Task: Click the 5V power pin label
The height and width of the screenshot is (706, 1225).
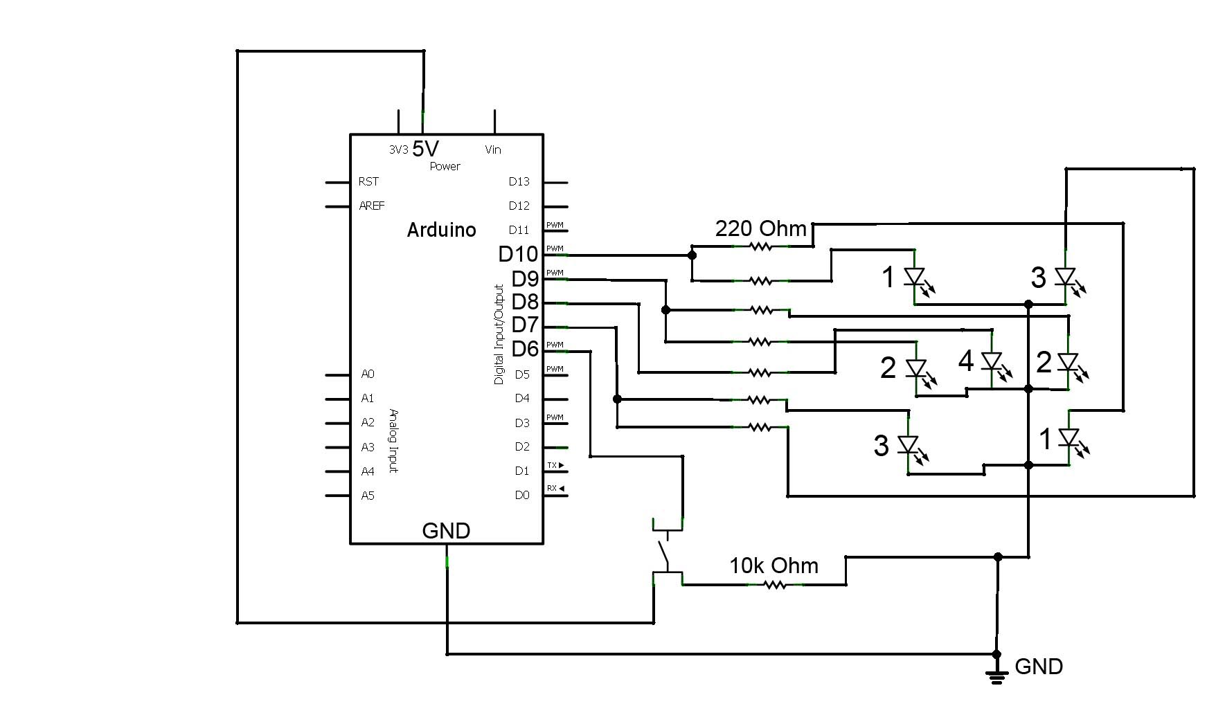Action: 425,148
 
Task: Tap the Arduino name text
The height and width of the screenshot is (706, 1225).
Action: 441,230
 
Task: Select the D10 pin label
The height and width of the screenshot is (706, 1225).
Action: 517,254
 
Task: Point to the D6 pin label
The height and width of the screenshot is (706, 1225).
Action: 524,350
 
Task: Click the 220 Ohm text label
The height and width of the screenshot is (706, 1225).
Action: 760,228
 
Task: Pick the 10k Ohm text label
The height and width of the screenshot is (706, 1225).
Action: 774,565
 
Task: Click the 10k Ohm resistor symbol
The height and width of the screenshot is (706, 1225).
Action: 775,585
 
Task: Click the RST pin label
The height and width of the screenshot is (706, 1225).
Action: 368,181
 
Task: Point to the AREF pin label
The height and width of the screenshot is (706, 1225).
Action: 371,206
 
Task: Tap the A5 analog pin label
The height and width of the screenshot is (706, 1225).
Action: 367,496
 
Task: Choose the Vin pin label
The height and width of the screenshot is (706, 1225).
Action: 493,150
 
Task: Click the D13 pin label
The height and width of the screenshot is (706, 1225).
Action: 519,181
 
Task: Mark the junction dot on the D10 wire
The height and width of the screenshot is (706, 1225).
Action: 692,255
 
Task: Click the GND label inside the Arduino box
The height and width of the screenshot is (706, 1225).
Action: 446,531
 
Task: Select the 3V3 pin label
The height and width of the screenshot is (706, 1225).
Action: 398,150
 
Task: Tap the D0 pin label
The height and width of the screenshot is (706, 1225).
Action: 521,496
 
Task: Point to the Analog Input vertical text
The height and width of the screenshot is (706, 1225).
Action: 393,441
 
